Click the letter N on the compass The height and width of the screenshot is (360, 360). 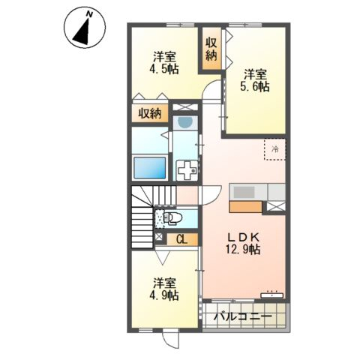89,14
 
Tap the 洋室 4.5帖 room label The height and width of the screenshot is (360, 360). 164,63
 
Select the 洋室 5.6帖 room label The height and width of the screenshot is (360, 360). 255,80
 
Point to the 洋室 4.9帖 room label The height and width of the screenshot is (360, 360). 164,289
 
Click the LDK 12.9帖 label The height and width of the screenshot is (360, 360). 243,243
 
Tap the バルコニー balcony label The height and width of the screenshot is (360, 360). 243,316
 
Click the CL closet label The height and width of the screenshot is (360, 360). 181,240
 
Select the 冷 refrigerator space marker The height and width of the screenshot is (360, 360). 275,149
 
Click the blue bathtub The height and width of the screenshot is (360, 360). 150,168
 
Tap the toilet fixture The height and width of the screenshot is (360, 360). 172,219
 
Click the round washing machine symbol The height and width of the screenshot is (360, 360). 185,122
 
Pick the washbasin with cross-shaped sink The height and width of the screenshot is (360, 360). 187,170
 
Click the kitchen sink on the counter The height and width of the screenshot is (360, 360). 244,192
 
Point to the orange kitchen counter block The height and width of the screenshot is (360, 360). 245,207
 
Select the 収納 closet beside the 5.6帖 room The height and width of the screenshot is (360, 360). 211,49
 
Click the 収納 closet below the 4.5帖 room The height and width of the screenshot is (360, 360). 150,114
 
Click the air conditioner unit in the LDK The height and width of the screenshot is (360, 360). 272,295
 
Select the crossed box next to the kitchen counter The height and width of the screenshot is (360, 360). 276,206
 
